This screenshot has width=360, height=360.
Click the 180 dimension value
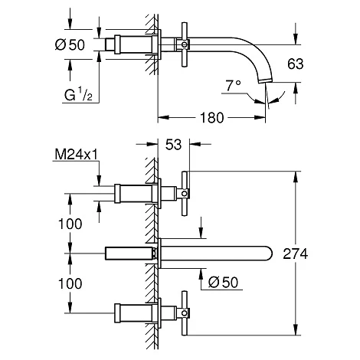(x=212, y=118)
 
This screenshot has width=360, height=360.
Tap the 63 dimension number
(x=296, y=64)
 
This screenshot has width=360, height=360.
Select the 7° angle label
(x=233, y=86)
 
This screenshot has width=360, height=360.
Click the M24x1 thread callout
(x=77, y=155)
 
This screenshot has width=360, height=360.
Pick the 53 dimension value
(x=173, y=145)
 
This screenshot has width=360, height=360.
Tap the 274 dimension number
(x=296, y=254)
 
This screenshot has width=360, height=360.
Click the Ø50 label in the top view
(x=70, y=45)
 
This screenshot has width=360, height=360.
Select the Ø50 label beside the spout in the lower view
(x=223, y=283)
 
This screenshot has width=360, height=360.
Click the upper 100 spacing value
(x=70, y=224)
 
